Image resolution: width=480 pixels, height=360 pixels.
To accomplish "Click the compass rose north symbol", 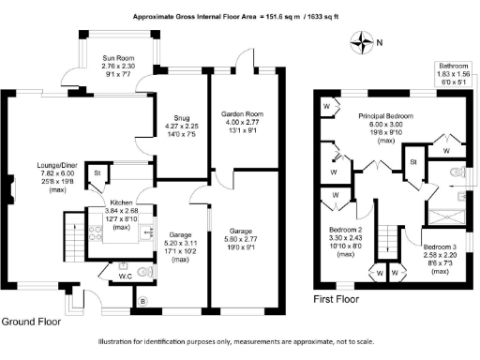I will click(x=360, y=40).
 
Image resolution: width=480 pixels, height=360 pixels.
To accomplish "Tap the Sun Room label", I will click(x=118, y=58).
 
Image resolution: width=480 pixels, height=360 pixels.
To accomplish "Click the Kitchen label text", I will click(x=120, y=202).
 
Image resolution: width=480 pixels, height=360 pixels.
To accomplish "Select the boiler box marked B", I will click(x=142, y=302).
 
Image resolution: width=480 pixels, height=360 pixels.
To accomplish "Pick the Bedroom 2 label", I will click(x=345, y=229).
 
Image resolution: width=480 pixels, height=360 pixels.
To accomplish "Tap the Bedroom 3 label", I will click(x=439, y=245).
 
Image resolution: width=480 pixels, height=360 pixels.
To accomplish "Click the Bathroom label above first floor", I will click(x=453, y=66).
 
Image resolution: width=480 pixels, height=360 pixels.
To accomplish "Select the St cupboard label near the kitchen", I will click(x=97, y=173).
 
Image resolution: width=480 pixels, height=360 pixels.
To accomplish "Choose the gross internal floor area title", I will click(x=238, y=17).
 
